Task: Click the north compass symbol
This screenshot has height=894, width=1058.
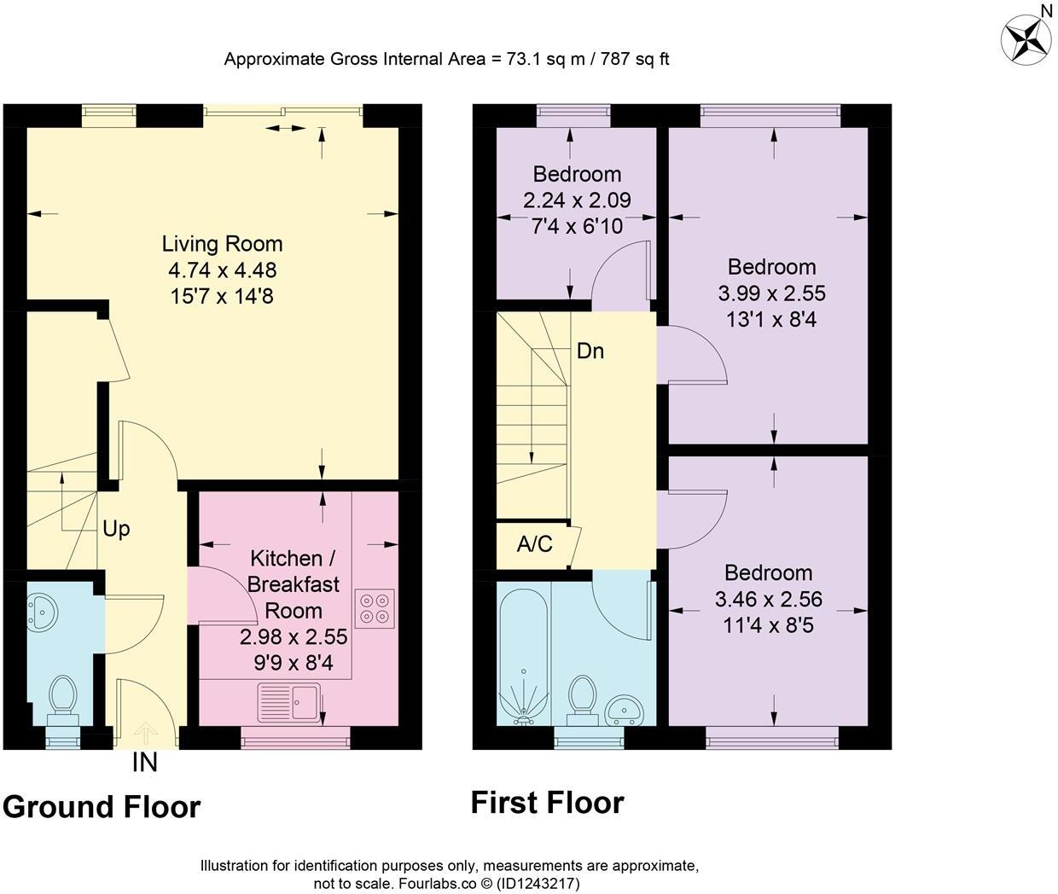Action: (1026, 38)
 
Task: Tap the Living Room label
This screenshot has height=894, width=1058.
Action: (222, 244)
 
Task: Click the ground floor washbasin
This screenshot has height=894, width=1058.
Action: (40, 611)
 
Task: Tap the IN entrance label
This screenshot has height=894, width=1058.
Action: (145, 763)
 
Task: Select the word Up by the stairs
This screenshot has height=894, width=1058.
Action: (116, 529)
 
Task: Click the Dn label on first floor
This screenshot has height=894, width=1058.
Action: (590, 351)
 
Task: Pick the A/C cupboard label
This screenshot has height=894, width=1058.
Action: (534, 543)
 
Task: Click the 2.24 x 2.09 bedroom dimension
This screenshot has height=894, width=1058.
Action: (577, 200)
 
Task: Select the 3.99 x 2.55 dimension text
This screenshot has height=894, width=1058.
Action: (771, 293)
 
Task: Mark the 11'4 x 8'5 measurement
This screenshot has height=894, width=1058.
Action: (768, 625)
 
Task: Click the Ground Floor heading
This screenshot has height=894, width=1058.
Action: (102, 806)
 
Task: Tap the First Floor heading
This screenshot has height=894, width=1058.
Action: (547, 803)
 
